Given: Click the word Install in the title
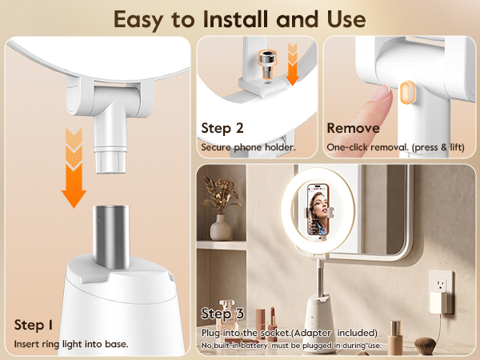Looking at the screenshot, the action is tap(234, 19).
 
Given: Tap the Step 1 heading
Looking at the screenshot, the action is tap(34, 325).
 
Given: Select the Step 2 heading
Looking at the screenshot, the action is tap(222, 129).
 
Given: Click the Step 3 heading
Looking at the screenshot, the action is tap(222, 314).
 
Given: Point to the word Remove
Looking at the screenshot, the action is tap(354, 128).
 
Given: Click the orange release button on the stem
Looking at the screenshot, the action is tap(407, 93).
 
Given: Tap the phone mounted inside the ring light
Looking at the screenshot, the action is tap(318, 210).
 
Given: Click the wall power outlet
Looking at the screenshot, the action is tap(441, 286).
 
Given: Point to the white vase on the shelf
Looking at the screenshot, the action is tap(221, 228).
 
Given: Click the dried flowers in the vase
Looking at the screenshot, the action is tap(221, 195).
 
